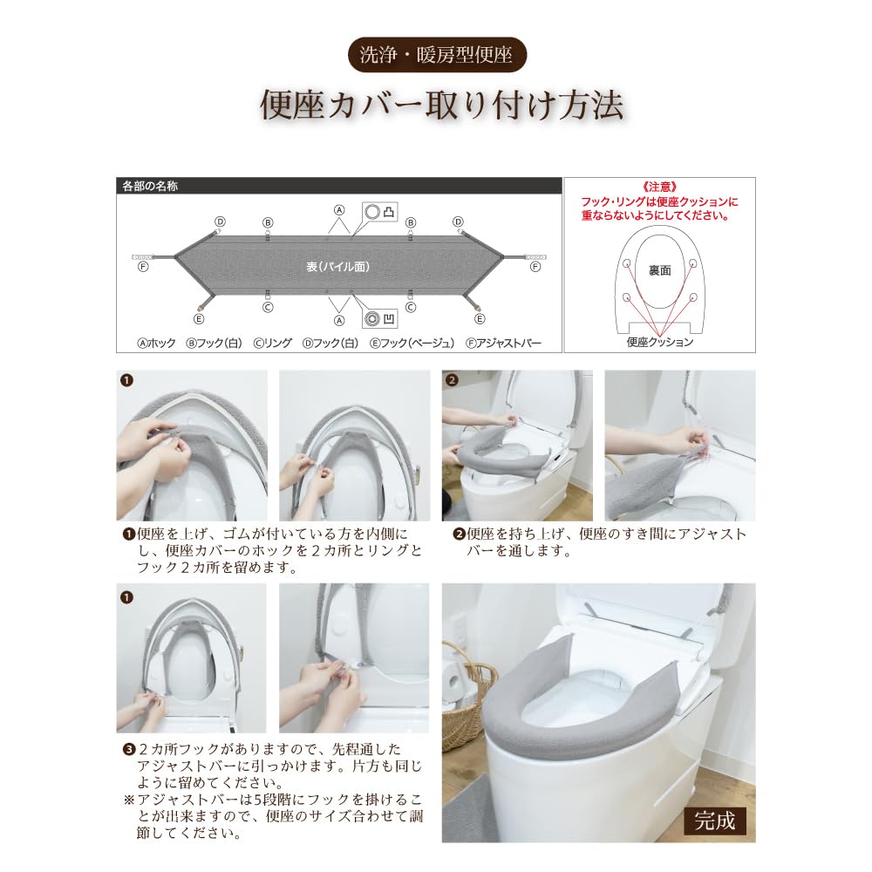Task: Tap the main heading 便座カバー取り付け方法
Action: pyautogui.click(x=442, y=106)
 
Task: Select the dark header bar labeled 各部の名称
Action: pyautogui.click(x=338, y=186)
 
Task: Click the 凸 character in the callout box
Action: pyautogui.click(x=388, y=212)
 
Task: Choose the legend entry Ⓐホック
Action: pyautogui.click(x=157, y=344)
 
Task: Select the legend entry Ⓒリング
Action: pyautogui.click(x=272, y=344)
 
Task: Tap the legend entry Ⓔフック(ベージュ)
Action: pyautogui.click(x=410, y=344)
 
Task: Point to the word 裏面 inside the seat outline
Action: pyautogui.click(x=659, y=271)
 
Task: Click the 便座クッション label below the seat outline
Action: pyautogui.click(x=659, y=342)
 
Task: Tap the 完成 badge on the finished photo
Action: pyautogui.click(x=715, y=821)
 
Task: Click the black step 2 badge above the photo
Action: pyautogui.click(x=452, y=381)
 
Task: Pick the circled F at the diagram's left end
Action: pyautogui.click(x=143, y=267)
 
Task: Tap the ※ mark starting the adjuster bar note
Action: pyautogui.click(x=128, y=800)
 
